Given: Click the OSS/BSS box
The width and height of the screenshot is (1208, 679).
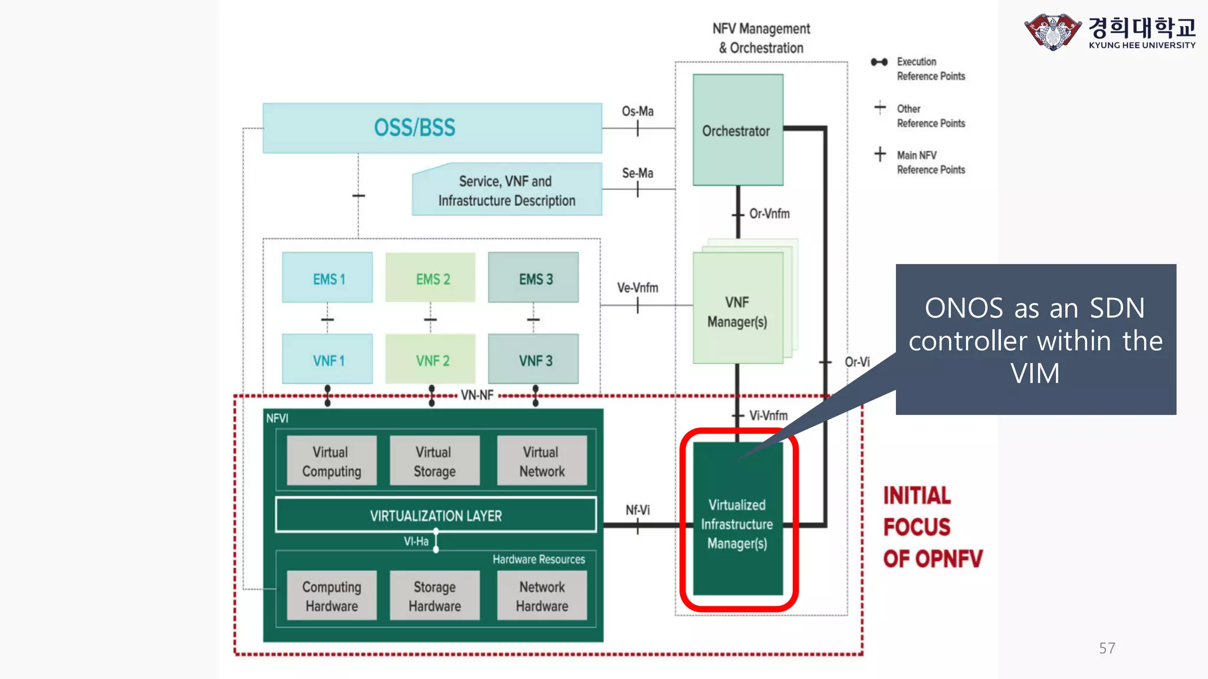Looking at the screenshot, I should (x=432, y=128).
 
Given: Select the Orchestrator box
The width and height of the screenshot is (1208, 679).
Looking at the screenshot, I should (x=737, y=130).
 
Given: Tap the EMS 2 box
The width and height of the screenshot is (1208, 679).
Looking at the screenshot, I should (x=431, y=278).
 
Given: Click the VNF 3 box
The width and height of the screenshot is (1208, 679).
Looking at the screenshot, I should (x=534, y=360).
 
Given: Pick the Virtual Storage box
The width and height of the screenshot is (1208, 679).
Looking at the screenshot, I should (x=435, y=461).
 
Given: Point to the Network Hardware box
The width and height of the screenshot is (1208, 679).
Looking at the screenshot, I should (x=541, y=595).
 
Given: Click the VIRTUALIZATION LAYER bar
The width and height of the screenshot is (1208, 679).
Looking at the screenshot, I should (x=435, y=515).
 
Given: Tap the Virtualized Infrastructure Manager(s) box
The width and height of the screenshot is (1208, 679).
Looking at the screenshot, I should (x=737, y=523).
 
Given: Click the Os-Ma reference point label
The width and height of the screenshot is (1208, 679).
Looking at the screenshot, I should (x=638, y=111).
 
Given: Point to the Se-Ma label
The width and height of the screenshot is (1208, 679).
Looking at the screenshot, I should (x=638, y=173).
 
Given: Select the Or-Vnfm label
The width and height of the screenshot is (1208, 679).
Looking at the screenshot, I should (x=769, y=213).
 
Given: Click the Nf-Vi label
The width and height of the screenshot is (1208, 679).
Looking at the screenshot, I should (x=638, y=509).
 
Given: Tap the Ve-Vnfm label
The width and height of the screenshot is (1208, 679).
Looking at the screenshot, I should (x=638, y=288).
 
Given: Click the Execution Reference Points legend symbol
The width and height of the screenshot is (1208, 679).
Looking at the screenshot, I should (x=879, y=62).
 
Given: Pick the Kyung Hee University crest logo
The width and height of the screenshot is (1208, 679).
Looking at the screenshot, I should (x=1052, y=32).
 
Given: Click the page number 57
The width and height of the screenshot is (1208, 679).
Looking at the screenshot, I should (x=1107, y=648).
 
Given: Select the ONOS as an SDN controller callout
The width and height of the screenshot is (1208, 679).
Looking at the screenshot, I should (x=1035, y=339).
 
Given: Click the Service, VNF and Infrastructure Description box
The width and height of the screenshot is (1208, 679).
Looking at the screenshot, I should (x=506, y=190).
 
